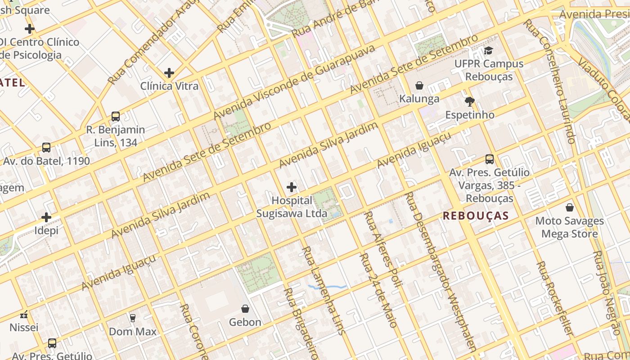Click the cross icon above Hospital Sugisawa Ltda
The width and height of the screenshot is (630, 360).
[x=292, y=187]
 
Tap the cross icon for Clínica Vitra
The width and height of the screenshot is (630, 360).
[x=169, y=72]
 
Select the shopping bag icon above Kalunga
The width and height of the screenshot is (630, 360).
[x=419, y=85]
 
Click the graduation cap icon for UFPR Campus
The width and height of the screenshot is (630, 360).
[x=489, y=50]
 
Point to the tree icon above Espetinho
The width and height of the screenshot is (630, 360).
[x=470, y=102]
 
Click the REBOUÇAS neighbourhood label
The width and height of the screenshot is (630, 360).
[x=476, y=216]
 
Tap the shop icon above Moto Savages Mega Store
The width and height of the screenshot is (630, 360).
[x=570, y=207]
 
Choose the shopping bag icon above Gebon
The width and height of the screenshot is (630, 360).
[x=245, y=309]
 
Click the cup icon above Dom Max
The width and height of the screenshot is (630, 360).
[x=133, y=318]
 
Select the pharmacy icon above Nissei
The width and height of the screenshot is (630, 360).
[x=24, y=315]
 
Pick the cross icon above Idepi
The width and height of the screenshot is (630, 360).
[x=46, y=217]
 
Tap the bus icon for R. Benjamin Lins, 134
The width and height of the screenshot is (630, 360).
[x=116, y=117]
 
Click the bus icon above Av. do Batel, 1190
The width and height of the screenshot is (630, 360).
[x=46, y=148]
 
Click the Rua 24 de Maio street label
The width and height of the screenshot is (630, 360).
[x=378, y=290]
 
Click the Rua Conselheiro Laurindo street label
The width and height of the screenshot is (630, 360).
[x=551, y=81]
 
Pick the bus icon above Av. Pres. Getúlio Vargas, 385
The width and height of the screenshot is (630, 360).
[x=490, y=159]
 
